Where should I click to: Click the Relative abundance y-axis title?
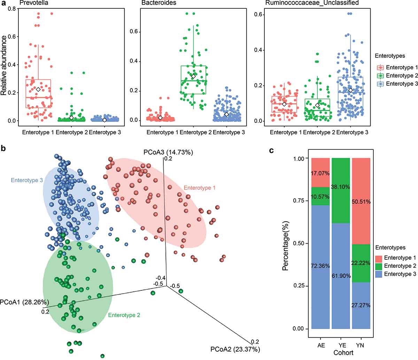4,65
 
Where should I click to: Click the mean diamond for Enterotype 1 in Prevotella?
38,89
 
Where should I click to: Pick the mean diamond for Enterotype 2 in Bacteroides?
193,76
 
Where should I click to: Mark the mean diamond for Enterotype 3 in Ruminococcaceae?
350,90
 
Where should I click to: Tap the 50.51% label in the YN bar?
361,202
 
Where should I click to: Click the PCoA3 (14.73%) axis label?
168,152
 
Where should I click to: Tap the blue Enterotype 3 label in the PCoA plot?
27,180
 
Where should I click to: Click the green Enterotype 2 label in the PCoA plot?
124,315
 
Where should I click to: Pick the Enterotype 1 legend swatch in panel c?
381,258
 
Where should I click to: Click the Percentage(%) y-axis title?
285,243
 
